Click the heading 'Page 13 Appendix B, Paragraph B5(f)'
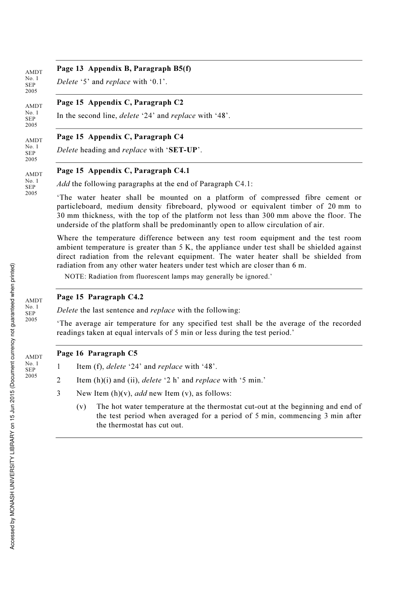(x=124, y=68)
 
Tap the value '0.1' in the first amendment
(x=158, y=81)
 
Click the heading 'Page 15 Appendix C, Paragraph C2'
(x=120, y=102)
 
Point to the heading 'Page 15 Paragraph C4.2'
(x=100, y=297)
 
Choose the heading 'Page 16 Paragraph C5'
(x=97, y=353)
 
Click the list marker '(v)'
(x=81, y=407)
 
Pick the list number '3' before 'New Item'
(x=59, y=393)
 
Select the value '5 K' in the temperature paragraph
(x=185, y=247)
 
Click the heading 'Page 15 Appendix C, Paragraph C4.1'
(x=123, y=170)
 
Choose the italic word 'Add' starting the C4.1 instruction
(x=63, y=184)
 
